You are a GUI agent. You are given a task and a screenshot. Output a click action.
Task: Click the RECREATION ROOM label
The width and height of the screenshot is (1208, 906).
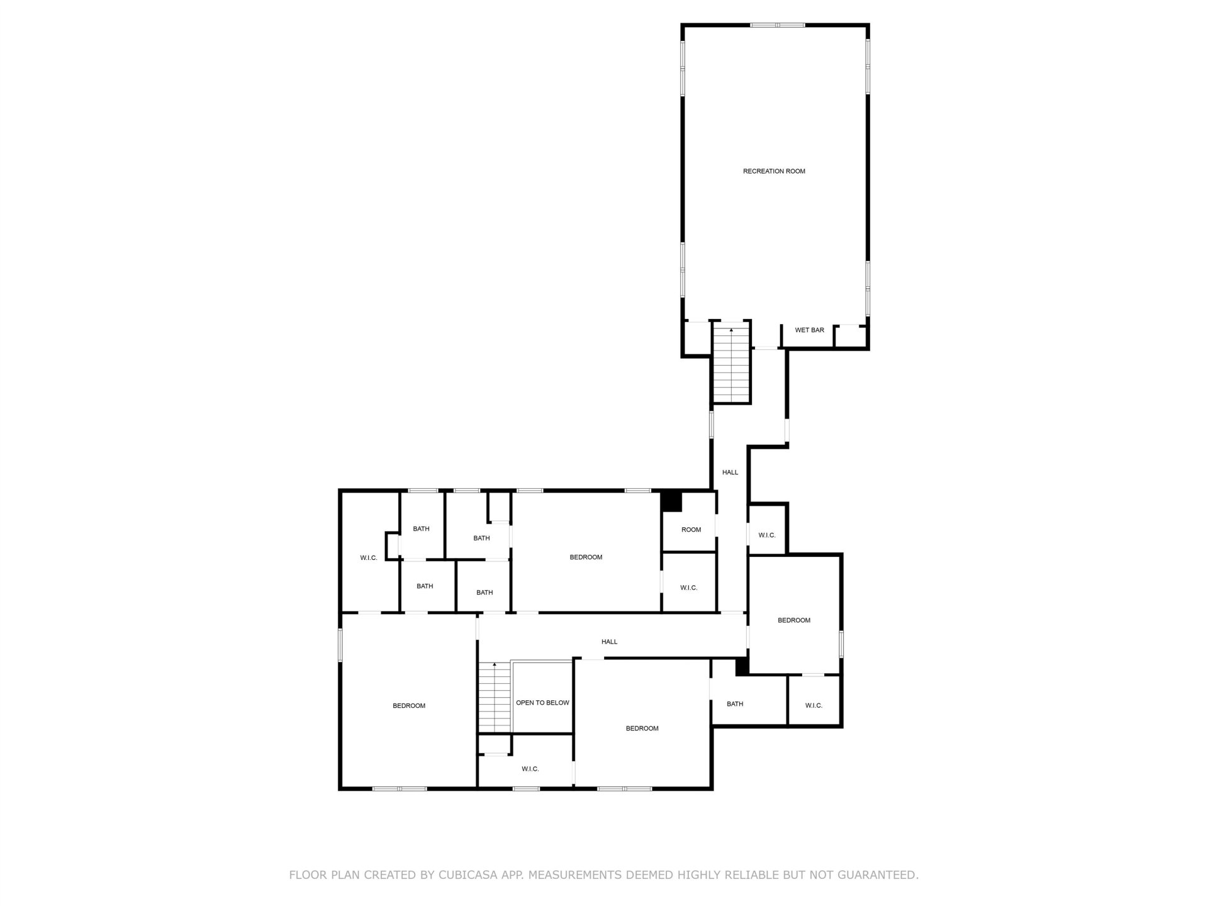774,171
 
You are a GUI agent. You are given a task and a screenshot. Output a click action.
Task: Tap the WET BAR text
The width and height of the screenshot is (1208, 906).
809,330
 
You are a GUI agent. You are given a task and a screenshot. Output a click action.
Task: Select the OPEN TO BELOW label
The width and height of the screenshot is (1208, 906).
542,703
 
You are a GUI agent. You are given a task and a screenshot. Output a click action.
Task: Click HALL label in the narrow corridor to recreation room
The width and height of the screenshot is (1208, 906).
730,473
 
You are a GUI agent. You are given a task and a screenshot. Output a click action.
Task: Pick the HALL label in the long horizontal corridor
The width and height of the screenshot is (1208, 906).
609,642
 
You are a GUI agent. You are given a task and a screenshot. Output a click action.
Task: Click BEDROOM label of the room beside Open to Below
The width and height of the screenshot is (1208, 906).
642,729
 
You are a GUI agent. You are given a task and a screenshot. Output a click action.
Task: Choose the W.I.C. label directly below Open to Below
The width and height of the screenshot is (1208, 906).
530,769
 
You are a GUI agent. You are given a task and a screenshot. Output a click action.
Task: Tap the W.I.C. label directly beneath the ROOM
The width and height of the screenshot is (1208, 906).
688,588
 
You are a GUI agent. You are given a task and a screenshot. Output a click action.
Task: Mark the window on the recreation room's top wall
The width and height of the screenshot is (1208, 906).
777,25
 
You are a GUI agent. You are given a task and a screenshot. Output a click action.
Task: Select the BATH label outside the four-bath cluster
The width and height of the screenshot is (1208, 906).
735,704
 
